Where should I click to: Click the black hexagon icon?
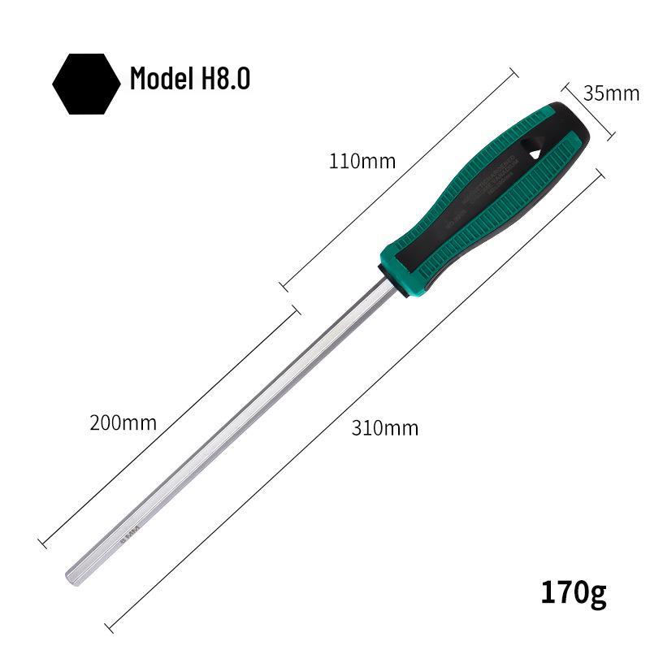[x=86, y=84]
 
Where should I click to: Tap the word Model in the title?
[x=158, y=80]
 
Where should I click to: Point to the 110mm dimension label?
[x=362, y=161]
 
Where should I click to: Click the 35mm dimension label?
[x=611, y=93]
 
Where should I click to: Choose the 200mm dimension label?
[x=123, y=422]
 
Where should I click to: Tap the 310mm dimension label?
[x=385, y=427]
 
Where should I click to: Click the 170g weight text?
[x=574, y=592]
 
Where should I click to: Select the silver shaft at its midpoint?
[x=227, y=431]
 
